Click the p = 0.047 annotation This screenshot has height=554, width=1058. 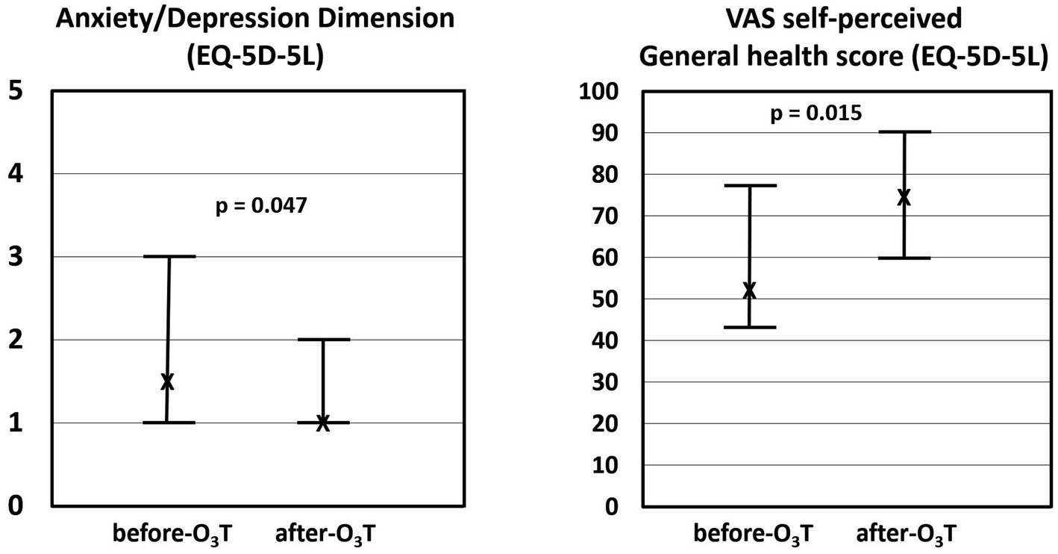(260, 206)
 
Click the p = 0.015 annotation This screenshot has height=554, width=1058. (816, 113)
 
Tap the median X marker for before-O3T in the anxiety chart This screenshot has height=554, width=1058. (167, 382)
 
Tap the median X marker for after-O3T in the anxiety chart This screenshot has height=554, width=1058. (322, 423)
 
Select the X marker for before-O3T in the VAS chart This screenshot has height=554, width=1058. (749, 290)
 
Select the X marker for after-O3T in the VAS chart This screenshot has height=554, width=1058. (904, 197)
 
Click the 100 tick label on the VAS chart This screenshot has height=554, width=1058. (600, 92)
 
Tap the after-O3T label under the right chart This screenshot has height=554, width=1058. (906, 535)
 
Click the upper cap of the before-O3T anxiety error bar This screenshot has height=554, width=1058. (169, 256)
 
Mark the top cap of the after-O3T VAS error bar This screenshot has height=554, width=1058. (904, 131)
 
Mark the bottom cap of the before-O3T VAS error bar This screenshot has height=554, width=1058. (750, 327)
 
